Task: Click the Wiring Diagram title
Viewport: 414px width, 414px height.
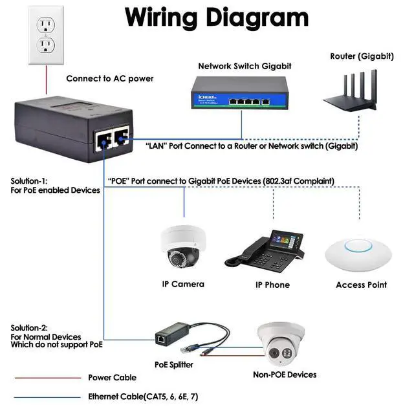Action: click(x=216, y=17)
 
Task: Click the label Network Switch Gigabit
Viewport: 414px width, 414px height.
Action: click(x=245, y=66)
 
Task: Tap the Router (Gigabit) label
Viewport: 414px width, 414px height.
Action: click(x=361, y=56)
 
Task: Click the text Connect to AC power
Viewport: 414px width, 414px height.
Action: click(x=110, y=79)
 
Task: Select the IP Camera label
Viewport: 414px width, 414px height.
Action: click(x=183, y=284)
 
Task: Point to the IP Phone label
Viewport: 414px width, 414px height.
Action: click(x=272, y=285)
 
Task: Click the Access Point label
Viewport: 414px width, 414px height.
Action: click(x=361, y=285)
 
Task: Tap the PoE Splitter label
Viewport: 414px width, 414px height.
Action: click(x=173, y=365)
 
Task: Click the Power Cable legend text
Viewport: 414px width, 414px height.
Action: click(x=113, y=378)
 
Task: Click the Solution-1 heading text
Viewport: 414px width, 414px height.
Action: click(x=29, y=181)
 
